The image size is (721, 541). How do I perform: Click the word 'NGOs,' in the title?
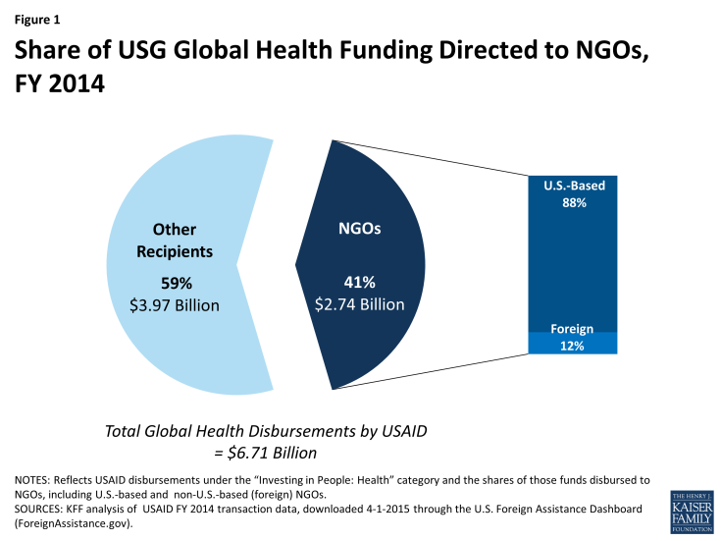point(604,56)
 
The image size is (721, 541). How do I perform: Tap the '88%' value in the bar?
point(567,203)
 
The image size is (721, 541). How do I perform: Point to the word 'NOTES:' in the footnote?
point(37,479)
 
